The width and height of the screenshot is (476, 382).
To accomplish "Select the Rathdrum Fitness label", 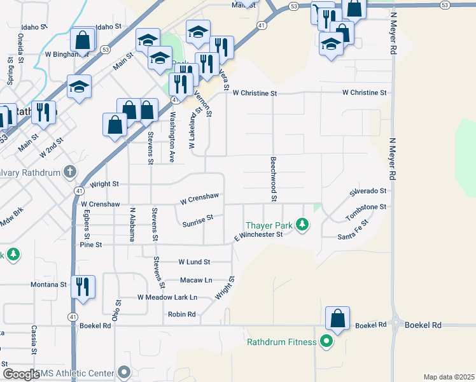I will point(281,342).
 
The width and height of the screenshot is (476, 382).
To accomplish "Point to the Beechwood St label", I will point(273,180).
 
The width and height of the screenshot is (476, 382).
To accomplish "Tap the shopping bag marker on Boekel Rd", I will point(337,318).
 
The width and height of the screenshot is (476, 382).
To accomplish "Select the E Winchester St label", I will point(258,235).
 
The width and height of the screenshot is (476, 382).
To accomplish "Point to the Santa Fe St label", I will point(354,236).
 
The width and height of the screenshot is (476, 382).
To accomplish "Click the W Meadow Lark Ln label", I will point(167,297).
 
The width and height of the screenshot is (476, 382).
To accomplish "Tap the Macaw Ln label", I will point(195,279).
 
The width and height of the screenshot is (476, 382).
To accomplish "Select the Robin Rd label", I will point(181,314).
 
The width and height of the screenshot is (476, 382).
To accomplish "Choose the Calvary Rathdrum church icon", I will point(70,173).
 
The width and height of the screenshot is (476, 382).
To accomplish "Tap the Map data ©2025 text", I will point(449,377).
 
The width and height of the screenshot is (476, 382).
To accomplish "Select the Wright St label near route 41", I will point(104,184).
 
